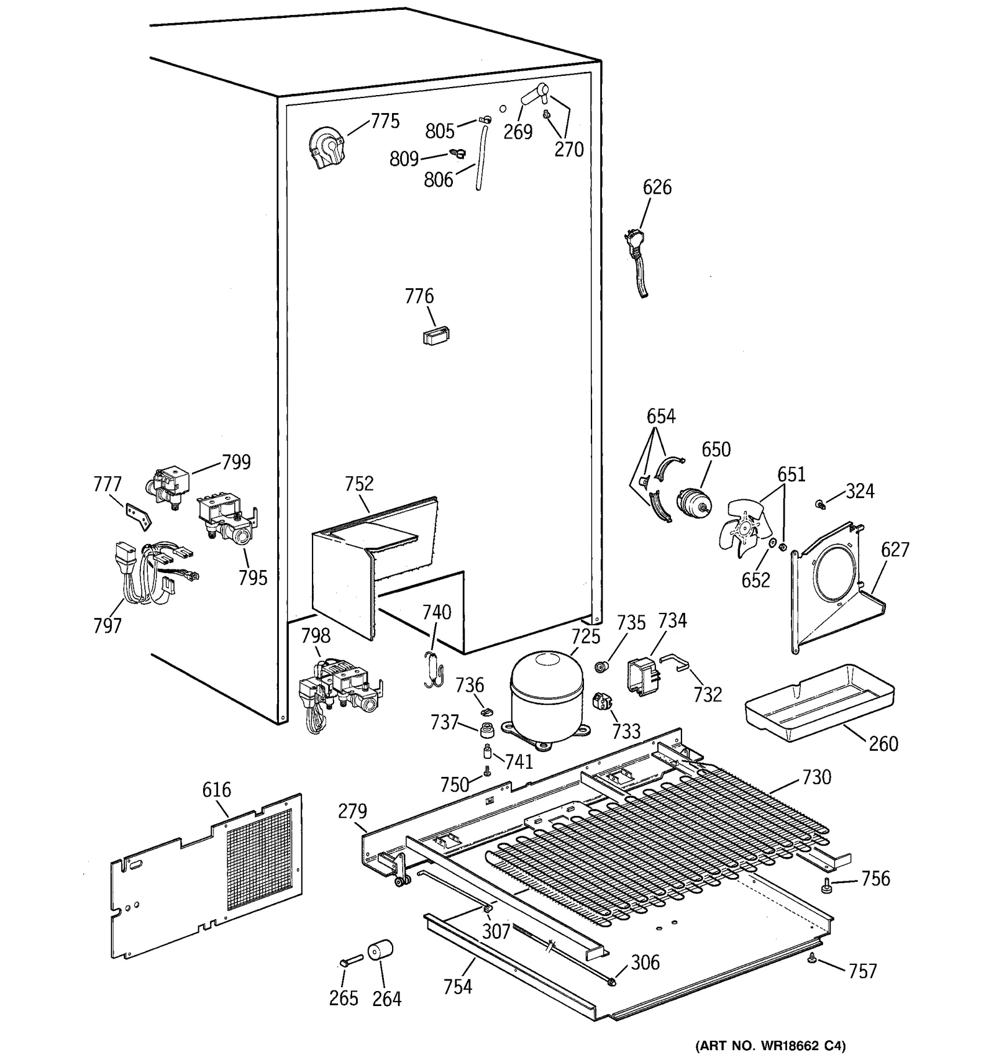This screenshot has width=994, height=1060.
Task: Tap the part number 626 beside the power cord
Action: (x=657, y=187)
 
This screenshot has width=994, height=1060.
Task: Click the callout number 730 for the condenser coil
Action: (x=816, y=777)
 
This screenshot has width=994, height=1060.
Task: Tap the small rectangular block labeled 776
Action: (x=435, y=335)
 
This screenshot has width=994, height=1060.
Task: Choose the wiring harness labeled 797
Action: (x=152, y=574)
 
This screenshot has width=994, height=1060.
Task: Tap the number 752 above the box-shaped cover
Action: (x=358, y=483)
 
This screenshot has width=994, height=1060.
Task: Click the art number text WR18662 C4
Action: (x=770, y=1045)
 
